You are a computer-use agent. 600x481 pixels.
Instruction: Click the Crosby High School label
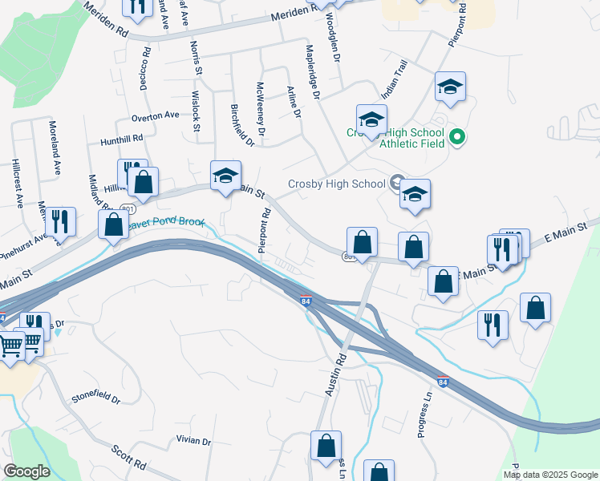337,184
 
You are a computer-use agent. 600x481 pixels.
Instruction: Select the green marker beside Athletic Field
457,137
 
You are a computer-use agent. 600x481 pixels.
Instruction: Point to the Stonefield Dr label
95,397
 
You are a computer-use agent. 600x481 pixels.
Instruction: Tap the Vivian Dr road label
193,441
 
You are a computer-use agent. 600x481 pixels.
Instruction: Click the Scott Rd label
129,459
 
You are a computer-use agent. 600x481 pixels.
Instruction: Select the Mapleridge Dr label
313,71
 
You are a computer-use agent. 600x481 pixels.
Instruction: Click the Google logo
27,471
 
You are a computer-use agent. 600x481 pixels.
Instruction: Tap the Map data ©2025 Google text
550,475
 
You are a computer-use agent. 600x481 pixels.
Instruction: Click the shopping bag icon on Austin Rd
326,447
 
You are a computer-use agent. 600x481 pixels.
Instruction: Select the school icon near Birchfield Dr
225,175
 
